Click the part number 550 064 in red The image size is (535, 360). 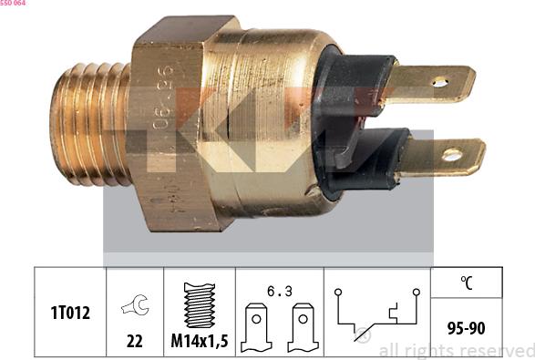13,4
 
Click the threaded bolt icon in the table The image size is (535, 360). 199,304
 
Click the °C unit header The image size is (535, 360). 466,283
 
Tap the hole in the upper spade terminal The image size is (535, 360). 440,82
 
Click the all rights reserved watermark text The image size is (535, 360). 456,350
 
